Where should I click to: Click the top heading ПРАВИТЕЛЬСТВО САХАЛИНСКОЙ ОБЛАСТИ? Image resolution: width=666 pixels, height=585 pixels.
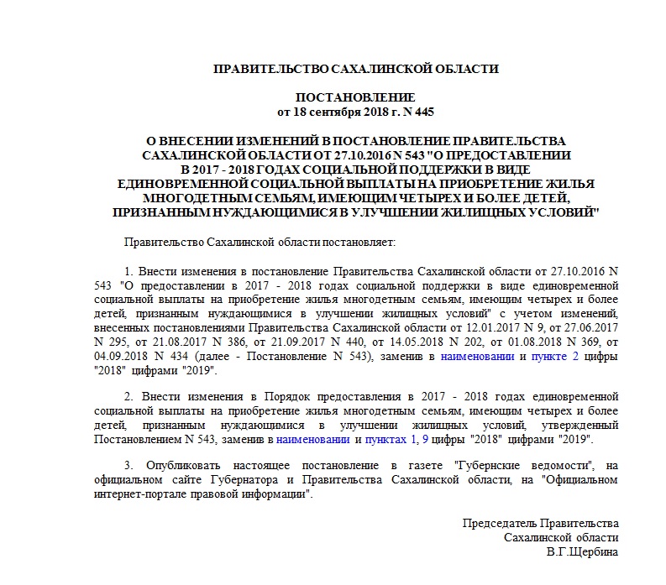356,69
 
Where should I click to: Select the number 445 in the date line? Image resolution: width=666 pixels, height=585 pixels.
423,112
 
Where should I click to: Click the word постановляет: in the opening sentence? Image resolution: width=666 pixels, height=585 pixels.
359,242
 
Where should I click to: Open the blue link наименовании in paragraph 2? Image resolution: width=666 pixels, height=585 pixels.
314,439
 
